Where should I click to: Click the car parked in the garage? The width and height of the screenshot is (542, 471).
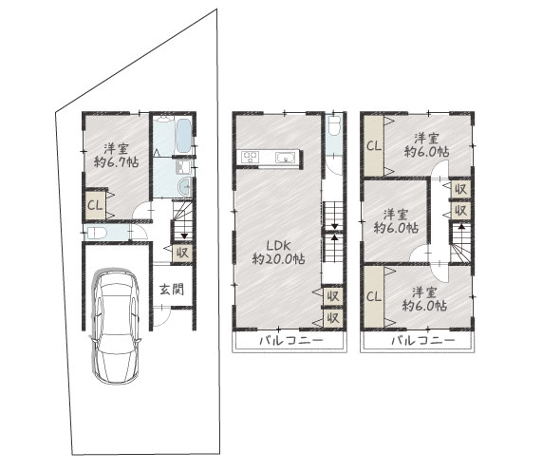tap(115, 326)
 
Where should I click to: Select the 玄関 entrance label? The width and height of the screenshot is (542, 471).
tap(172, 290)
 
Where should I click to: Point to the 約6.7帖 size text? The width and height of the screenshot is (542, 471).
tap(117, 161)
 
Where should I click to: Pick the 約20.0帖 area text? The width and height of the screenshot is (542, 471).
tap(279, 258)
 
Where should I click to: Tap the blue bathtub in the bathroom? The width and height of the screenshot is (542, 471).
tap(183, 136)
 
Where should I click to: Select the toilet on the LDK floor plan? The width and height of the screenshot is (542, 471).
tap(334, 126)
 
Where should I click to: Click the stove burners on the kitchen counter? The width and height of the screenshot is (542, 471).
tap(250, 158)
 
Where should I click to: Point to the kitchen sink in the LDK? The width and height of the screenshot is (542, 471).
tap(286, 158)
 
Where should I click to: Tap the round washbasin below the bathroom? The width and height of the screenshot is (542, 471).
tap(185, 186)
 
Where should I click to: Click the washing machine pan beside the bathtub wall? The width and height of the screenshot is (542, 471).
tap(183, 166)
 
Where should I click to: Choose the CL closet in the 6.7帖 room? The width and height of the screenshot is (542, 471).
tap(95, 205)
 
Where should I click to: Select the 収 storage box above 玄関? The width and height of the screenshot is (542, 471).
tap(182, 254)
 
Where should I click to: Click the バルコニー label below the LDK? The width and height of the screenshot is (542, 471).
tap(291, 341)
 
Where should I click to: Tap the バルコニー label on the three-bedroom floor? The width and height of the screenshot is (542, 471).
tap(423, 341)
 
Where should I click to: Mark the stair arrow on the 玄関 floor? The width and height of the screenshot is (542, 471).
tap(184, 235)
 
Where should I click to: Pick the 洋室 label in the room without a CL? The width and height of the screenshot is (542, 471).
tap(396, 215)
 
